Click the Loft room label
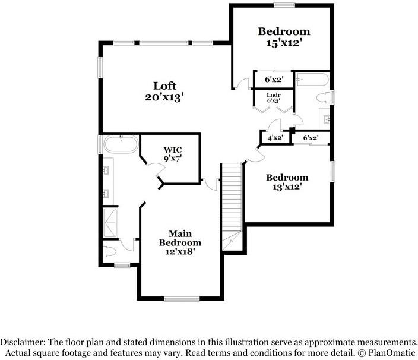click(x=164, y=86)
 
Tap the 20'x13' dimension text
click(x=164, y=97)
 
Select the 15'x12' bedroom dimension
click(x=284, y=43)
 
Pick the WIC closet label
click(x=173, y=149)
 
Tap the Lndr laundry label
click(x=273, y=95)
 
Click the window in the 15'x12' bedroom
click(x=284, y=5)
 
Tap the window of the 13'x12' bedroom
click(x=333, y=172)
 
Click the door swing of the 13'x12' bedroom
click(x=254, y=154)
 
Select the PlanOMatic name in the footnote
click(x=390, y=353)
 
